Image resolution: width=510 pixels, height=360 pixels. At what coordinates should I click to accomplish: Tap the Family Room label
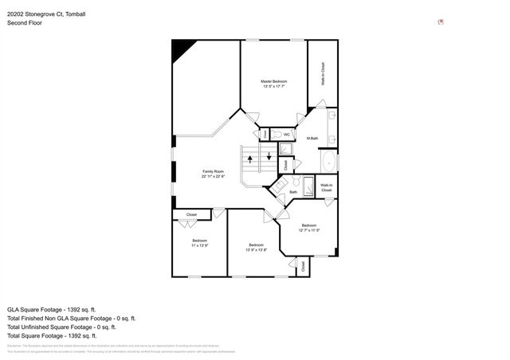(x=213, y=174)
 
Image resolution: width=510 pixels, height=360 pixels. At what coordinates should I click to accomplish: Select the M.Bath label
(x=312, y=139)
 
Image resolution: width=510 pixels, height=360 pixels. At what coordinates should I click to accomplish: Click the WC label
(x=287, y=135)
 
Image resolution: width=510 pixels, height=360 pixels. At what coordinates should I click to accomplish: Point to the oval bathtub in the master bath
(x=328, y=164)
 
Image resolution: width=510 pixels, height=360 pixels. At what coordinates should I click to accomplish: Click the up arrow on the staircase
(x=251, y=159)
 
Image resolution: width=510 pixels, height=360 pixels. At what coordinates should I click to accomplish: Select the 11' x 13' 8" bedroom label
(x=199, y=243)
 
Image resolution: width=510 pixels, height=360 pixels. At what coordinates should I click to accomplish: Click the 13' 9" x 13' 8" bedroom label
(x=256, y=247)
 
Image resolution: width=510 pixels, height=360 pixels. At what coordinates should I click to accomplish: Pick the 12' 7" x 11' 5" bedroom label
(x=308, y=228)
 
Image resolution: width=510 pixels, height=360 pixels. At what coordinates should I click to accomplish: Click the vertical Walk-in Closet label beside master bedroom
(x=324, y=73)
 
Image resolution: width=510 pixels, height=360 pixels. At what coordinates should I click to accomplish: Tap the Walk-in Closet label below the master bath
(x=327, y=188)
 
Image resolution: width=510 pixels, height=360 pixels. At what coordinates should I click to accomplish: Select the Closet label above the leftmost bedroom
(x=191, y=215)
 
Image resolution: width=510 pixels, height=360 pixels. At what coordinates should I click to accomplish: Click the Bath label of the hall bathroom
(x=292, y=192)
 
